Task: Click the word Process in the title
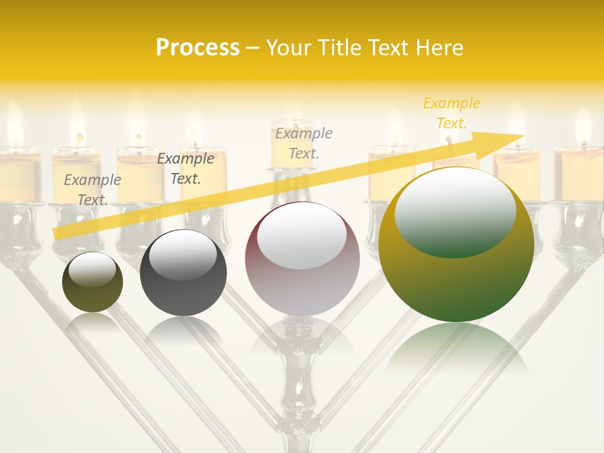click(198, 48)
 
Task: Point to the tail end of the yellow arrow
click(57, 233)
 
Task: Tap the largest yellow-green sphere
click(456, 277)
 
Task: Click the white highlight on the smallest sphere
click(92, 269)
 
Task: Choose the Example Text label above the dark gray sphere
click(185, 169)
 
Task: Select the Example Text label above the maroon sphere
click(304, 143)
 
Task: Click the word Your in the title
click(289, 48)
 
